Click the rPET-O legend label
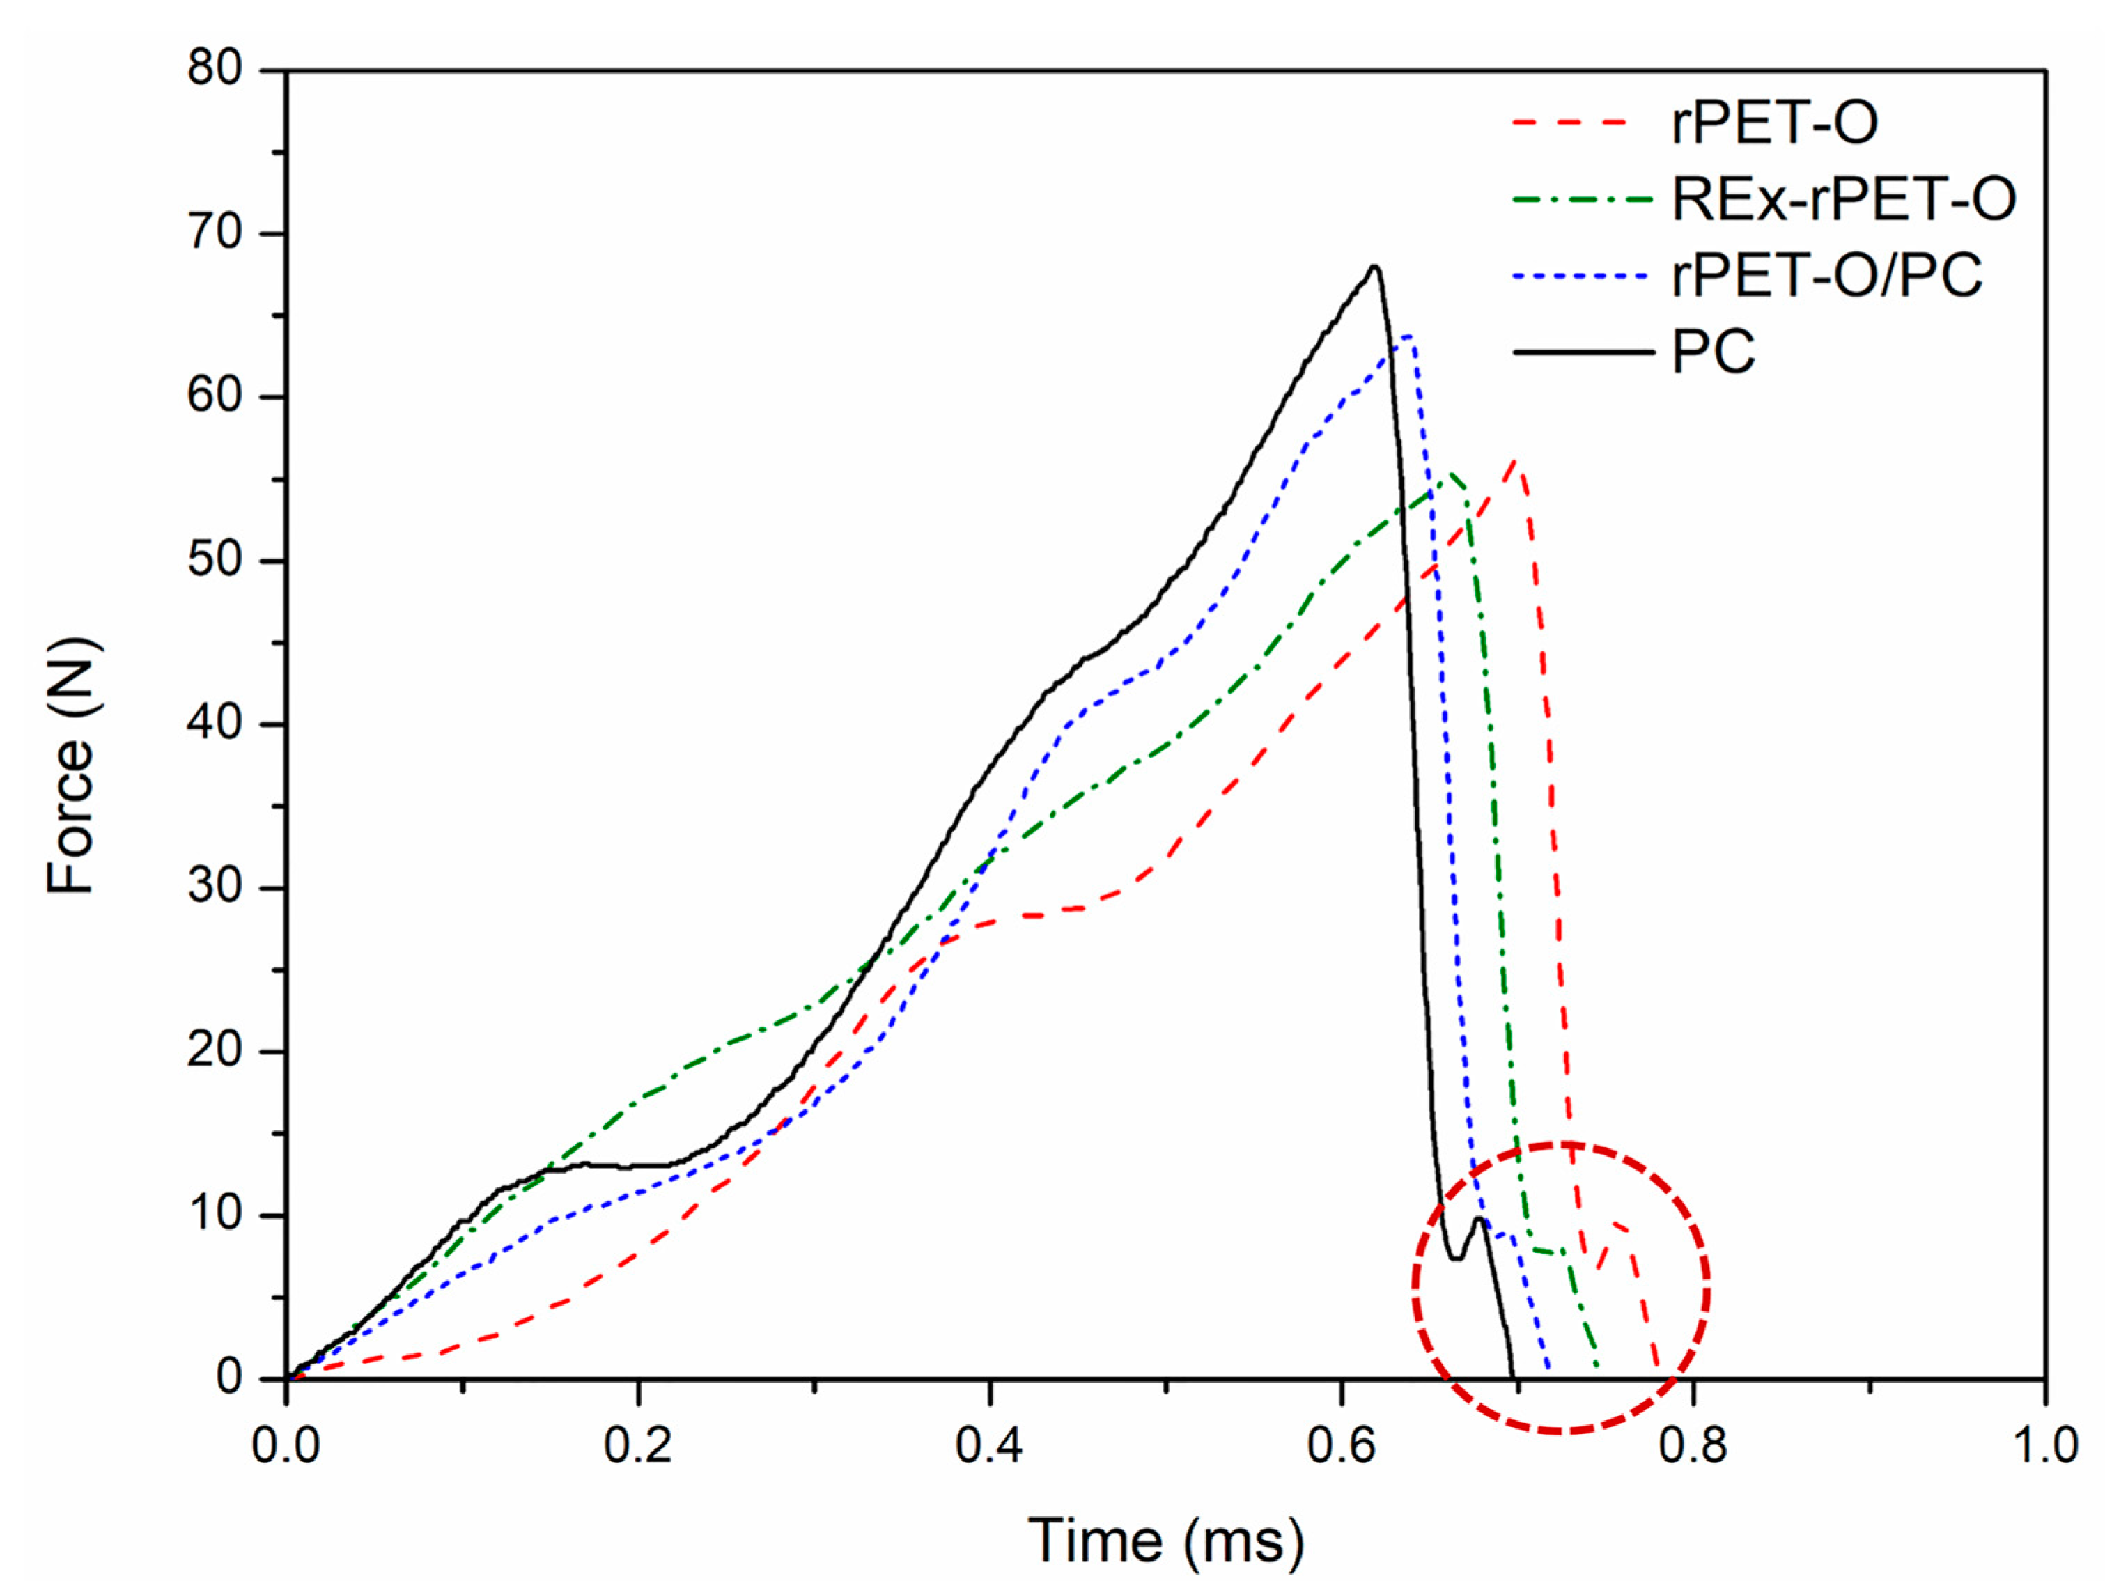coord(1775,124)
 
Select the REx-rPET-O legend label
coord(1843,200)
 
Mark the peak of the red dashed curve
coord(1515,462)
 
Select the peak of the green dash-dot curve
coord(1450,475)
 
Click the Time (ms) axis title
coord(1166,1541)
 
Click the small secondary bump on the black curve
coord(1478,1220)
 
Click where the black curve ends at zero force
coord(1512,1376)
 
